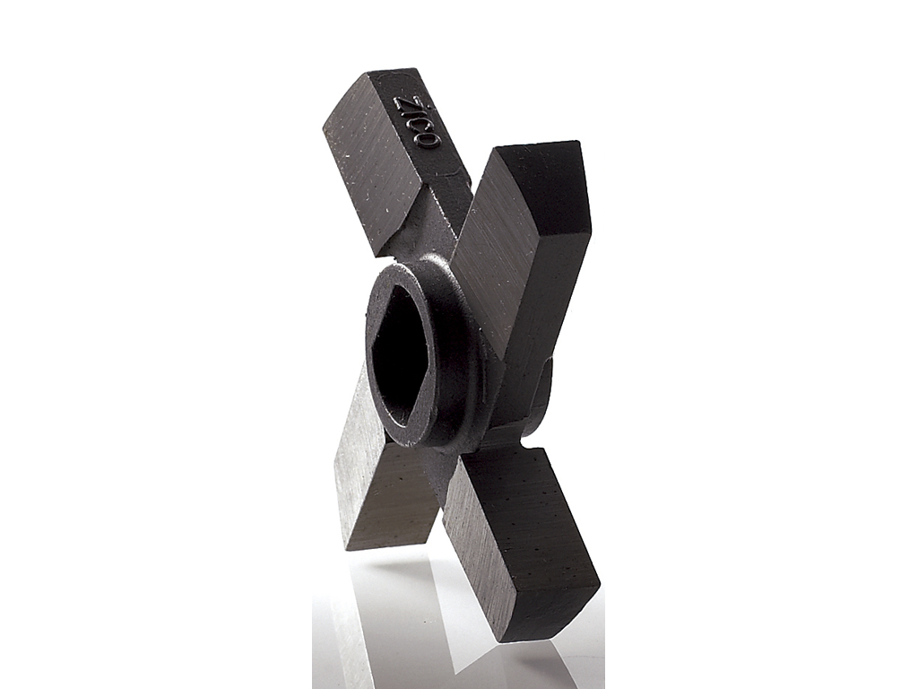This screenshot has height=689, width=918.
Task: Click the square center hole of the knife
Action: (x=401, y=359)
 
